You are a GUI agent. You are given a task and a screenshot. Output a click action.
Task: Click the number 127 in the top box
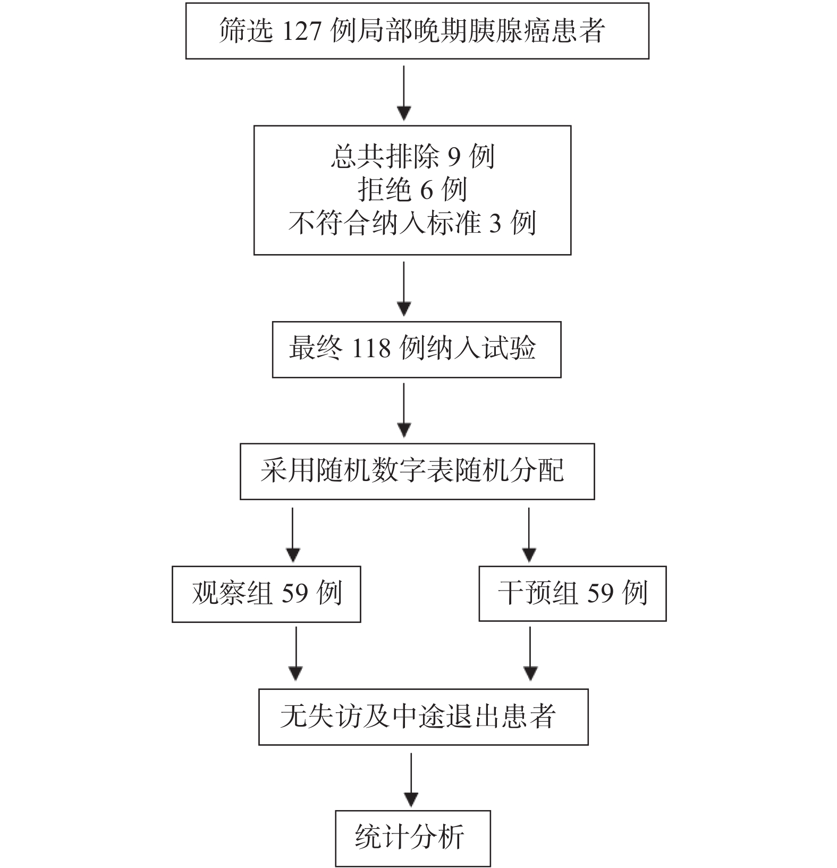coord(300,31)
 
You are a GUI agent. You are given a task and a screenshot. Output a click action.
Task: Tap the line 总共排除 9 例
coord(412,157)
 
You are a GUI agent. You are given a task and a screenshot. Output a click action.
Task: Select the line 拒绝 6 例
coord(412,190)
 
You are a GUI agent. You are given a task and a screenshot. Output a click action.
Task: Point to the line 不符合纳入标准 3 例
coord(412,223)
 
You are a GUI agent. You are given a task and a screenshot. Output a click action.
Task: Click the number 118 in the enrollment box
coord(371,349)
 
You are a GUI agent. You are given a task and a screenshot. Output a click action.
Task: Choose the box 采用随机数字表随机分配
coord(417,471)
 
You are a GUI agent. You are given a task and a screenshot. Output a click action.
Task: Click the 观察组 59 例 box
coord(266,594)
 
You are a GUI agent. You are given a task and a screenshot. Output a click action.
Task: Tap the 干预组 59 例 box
coord(572,593)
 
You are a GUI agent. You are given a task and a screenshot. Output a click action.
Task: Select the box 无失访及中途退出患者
coord(423,717)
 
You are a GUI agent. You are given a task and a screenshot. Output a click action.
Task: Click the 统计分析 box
coord(412,838)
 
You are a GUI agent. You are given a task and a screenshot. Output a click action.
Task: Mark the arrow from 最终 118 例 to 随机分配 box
coord(404,410)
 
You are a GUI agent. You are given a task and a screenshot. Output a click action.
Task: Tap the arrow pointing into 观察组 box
coord(293,534)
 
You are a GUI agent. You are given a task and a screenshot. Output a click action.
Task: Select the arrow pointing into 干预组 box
coord(529,534)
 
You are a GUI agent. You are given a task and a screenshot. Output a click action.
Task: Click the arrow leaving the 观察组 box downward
coord(296,654)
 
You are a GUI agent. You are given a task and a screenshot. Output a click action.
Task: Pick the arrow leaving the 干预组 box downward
coord(530,654)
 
